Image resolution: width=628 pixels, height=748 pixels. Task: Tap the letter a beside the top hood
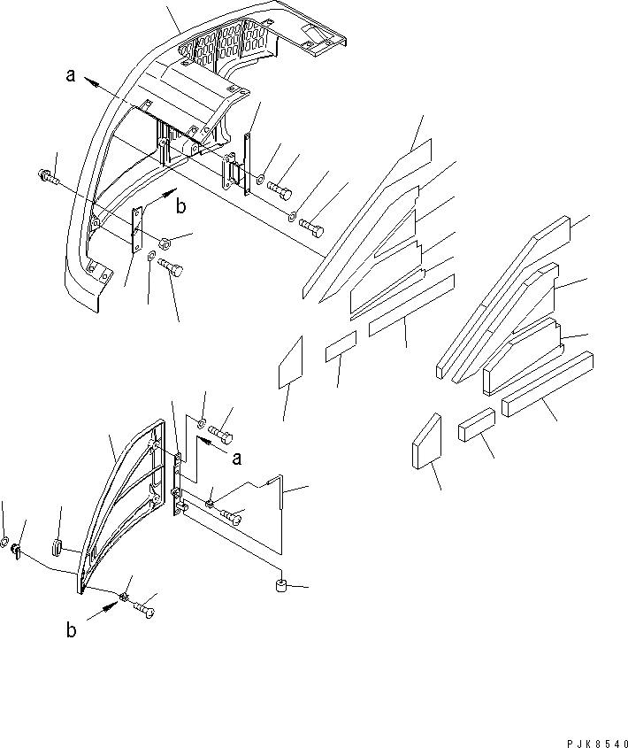tap(70, 77)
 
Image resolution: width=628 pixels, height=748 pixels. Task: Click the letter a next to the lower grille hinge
tap(236, 458)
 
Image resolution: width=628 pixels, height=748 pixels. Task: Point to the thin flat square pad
tap(290, 361)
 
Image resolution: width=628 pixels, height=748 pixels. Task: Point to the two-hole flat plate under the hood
tap(136, 229)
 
